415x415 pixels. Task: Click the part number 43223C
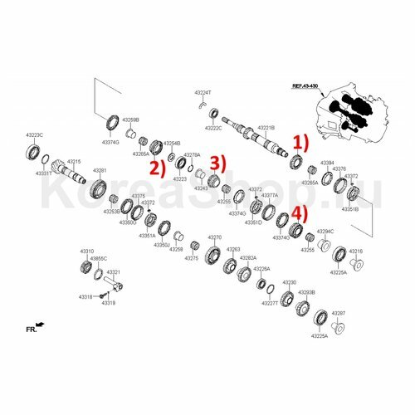pos(34,135)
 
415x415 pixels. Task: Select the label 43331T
pos(45,173)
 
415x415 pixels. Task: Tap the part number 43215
pos(74,161)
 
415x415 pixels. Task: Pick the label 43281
pos(100,170)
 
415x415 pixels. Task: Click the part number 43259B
pos(131,120)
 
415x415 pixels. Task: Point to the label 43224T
pos(203,93)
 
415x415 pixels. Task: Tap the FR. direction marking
pos(31,330)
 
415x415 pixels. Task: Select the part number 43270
pos(214,237)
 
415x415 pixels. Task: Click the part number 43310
pos(86,250)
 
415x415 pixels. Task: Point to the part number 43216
pos(355,251)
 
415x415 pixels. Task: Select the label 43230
pos(289,283)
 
